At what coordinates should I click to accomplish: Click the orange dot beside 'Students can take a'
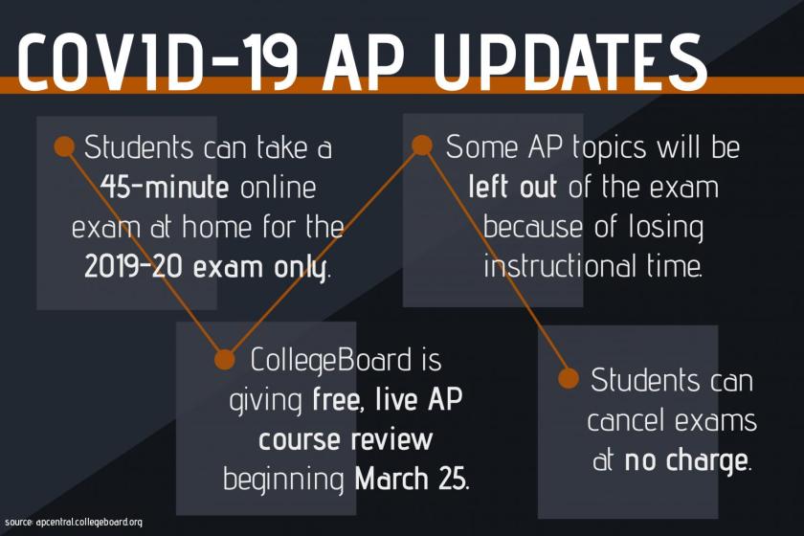64,146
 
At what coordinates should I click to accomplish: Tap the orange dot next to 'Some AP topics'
422,145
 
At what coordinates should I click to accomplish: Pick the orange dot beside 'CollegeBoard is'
224,360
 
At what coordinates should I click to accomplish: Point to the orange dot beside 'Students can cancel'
568,378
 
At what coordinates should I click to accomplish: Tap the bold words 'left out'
512,187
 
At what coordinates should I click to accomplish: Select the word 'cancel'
631,420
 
